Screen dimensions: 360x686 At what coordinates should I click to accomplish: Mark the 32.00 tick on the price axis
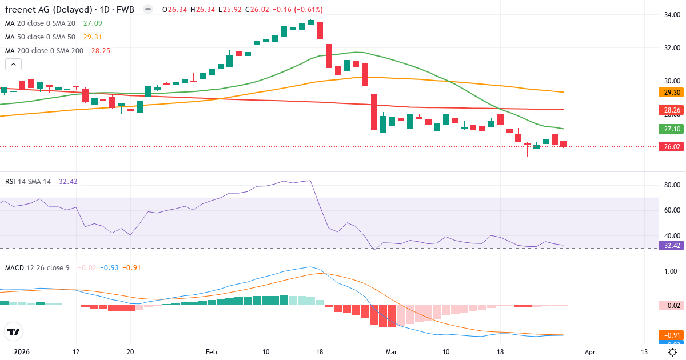tap(672, 47)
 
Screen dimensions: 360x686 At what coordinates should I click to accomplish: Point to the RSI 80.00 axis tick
tap(672, 185)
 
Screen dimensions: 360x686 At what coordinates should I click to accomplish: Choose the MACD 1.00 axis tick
tap(672, 271)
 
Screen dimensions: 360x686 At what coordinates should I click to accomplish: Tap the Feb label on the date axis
tap(212, 352)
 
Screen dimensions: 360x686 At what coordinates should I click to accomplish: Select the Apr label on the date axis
tap(590, 352)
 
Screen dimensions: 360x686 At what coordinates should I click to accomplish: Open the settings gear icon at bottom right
tap(673, 352)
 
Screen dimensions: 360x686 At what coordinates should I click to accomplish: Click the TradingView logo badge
tap(14, 331)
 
